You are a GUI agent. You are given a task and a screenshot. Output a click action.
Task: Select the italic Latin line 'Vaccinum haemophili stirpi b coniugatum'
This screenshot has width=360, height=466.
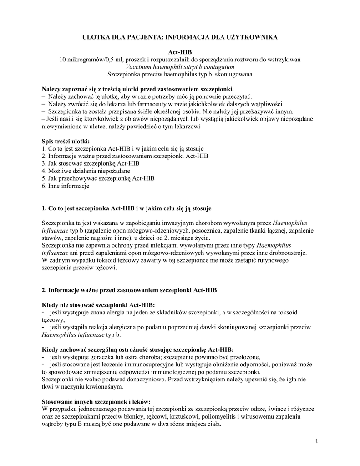click(x=180, y=66)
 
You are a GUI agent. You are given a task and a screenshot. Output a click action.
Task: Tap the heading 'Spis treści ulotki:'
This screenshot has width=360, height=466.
click(x=66, y=142)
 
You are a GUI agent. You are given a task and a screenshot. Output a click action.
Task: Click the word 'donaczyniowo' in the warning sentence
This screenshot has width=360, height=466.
click(x=124, y=379)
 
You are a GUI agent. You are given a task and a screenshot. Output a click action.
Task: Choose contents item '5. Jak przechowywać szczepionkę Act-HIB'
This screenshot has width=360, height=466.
click(x=98, y=178)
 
